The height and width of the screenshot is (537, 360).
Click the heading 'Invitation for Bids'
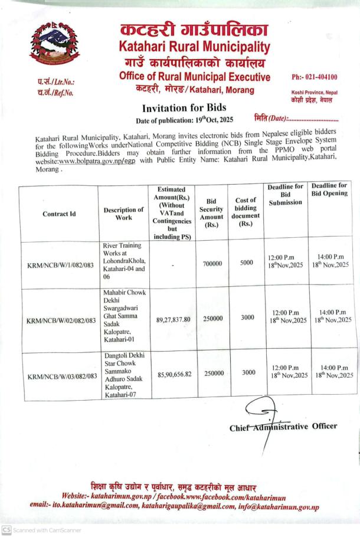point(180,109)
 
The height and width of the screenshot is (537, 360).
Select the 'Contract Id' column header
point(59,214)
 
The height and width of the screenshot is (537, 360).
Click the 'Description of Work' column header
point(123,214)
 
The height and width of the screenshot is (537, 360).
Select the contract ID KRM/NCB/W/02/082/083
point(61,320)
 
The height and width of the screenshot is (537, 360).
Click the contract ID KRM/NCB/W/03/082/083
point(62,375)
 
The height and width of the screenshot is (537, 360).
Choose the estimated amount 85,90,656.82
point(175,374)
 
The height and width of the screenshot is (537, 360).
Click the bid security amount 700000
point(212,264)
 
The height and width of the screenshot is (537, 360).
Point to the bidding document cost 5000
point(246,263)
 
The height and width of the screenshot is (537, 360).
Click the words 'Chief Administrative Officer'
point(283,427)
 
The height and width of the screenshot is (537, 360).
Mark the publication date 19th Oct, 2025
point(206,120)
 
